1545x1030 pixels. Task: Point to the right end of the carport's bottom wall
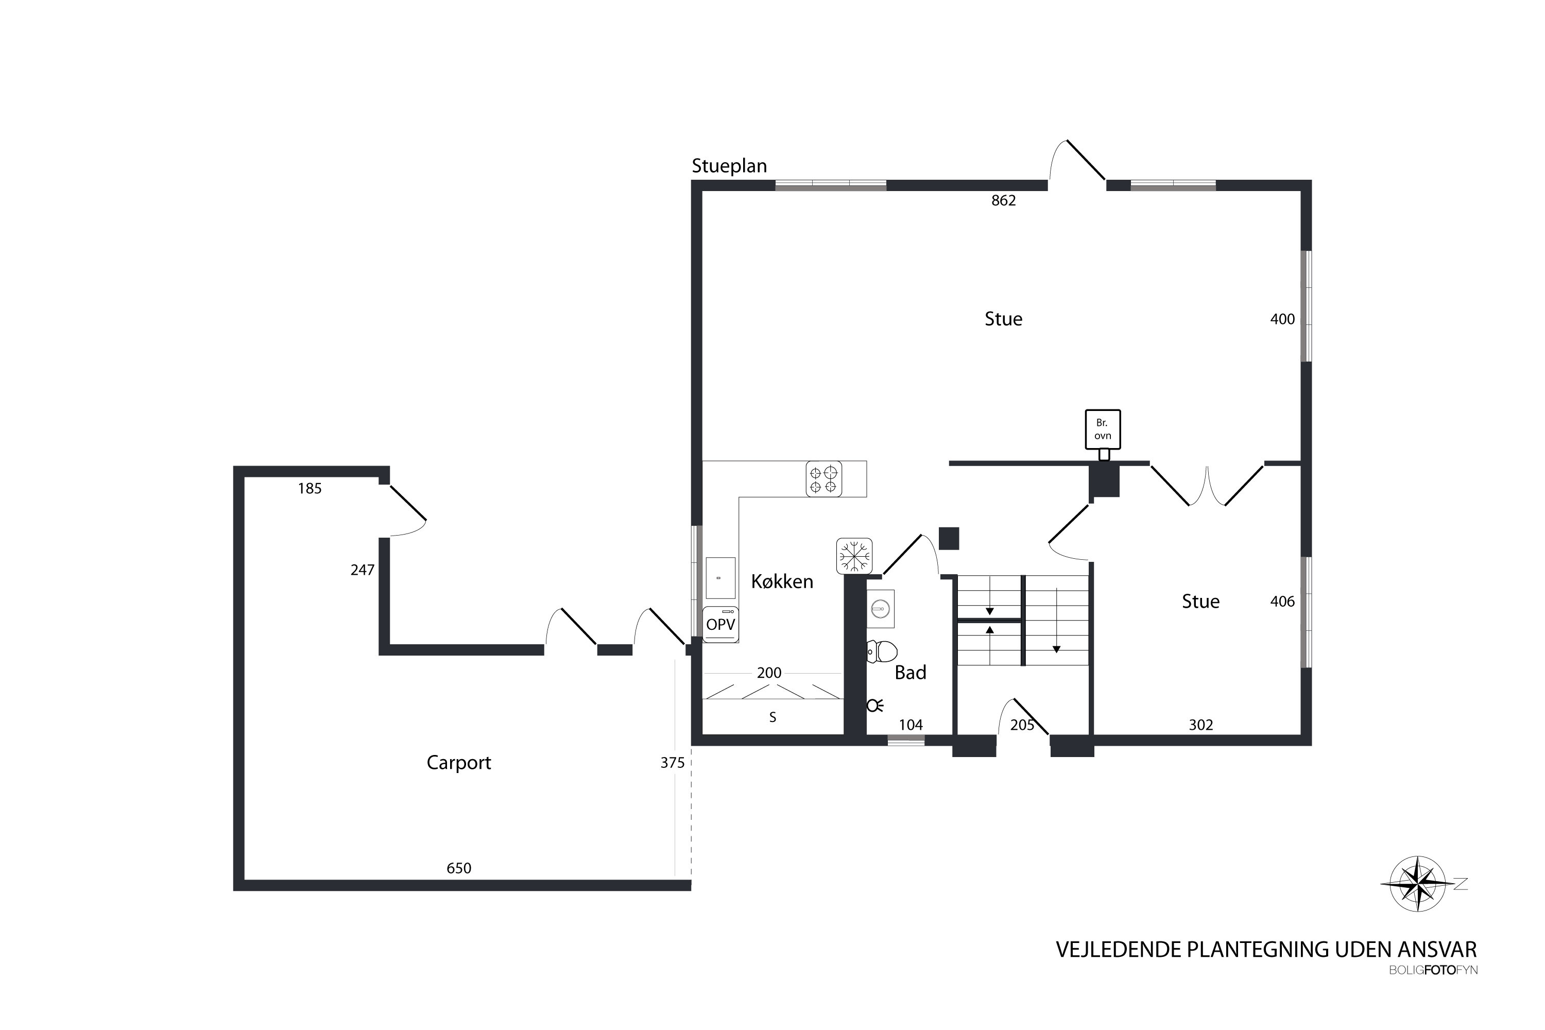[x=691, y=885]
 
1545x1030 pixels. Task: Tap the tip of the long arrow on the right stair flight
[x=1056, y=653]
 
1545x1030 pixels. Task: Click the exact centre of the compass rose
[x=1418, y=884]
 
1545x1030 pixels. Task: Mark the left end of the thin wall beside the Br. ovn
[x=950, y=463]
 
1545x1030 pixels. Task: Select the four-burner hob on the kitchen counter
[x=823, y=479]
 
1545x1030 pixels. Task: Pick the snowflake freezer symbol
[x=854, y=556]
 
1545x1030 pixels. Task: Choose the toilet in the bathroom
[x=882, y=651]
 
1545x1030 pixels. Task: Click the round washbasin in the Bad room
[x=880, y=609]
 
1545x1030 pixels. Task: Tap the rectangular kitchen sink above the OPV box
[x=720, y=578]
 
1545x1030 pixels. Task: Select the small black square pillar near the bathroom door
[x=949, y=539]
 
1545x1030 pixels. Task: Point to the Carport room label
[x=458, y=763]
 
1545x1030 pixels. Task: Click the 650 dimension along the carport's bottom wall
[x=458, y=868]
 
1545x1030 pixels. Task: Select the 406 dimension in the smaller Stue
[x=1282, y=602]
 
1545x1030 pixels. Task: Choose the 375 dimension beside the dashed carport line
[x=672, y=763]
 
